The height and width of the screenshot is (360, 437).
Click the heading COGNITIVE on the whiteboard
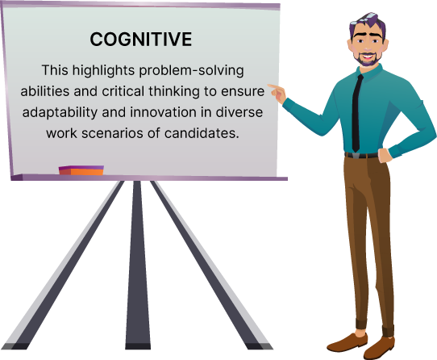click(x=141, y=39)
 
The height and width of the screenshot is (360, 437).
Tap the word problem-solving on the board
click(x=191, y=70)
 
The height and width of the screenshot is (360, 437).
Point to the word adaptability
click(x=60, y=112)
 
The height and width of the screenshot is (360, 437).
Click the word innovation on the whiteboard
click(x=164, y=112)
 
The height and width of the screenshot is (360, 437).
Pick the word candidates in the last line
click(x=202, y=133)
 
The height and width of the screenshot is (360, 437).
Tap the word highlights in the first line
click(x=103, y=70)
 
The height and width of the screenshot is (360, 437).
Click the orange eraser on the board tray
click(x=81, y=170)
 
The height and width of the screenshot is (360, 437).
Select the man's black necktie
click(x=356, y=113)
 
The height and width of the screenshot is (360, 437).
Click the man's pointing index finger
click(x=273, y=86)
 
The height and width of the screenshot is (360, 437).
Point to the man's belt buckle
click(x=356, y=156)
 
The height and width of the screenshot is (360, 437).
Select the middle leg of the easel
click(x=138, y=265)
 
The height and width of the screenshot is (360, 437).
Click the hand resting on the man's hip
click(x=385, y=156)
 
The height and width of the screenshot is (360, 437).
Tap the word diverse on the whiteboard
click(x=239, y=112)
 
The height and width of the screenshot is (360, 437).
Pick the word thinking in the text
click(x=174, y=91)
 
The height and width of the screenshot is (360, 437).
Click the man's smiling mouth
click(x=368, y=57)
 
